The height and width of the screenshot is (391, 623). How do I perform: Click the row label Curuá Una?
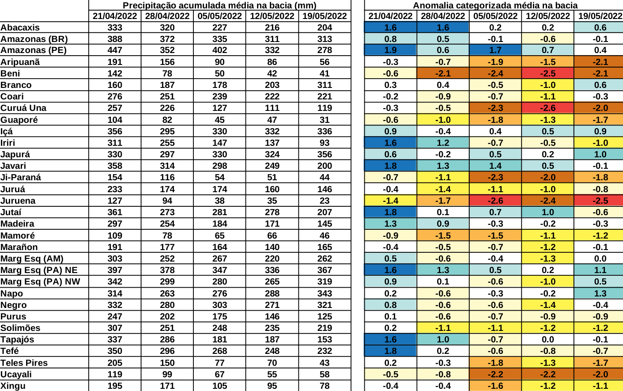(x=23, y=108)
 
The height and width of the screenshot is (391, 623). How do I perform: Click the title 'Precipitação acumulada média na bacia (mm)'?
(x=219, y=5)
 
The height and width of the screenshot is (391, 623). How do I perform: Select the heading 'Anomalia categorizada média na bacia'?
(x=495, y=5)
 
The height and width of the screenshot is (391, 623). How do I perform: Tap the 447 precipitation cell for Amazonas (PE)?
(x=115, y=50)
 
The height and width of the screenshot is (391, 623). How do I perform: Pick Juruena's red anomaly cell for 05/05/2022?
(x=495, y=201)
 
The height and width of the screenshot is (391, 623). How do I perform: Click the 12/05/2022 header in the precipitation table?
(x=272, y=16)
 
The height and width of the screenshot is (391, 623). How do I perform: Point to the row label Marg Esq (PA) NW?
(x=40, y=281)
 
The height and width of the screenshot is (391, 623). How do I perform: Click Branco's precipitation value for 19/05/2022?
(x=325, y=85)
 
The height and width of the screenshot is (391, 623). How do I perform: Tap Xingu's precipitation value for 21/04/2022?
(x=115, y=386)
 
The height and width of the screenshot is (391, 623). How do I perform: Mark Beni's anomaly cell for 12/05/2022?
(x=547, y=73)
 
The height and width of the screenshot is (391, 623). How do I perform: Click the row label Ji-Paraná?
(x=21, y=177)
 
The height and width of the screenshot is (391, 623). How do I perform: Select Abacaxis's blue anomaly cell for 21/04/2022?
(x=390, y=27)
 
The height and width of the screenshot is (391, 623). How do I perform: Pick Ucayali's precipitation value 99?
(x=167, y=374)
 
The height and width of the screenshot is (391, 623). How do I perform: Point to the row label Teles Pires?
(x=24, y=363)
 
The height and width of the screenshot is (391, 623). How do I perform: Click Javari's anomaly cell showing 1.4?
(x=495, y=166)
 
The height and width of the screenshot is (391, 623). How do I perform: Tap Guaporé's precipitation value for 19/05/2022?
(x=325, y=120)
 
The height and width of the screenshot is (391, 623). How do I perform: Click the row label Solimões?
(x=20, y=328)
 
